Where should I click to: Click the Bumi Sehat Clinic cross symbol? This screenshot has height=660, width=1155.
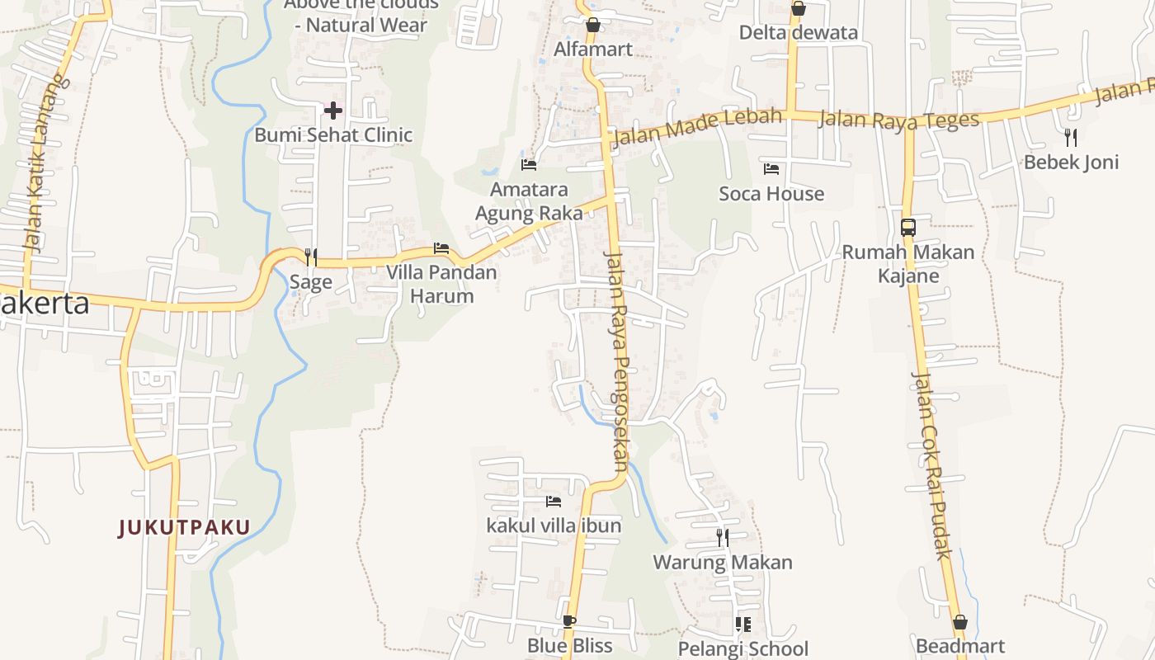333,110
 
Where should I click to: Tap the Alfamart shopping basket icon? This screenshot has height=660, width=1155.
592,26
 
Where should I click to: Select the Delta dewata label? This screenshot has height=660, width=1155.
798,33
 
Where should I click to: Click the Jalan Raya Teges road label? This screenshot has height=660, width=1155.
898,120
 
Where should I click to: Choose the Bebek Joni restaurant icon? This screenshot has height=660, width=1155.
1071,137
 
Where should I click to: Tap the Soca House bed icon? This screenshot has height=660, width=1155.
771,169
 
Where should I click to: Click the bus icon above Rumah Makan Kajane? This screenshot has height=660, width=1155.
908,228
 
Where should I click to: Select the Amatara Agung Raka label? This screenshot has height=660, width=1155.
529,201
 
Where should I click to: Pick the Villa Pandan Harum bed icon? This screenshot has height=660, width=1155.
441,248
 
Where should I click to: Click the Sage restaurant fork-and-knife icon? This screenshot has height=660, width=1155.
311,257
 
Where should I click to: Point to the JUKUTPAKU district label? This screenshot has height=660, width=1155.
184,527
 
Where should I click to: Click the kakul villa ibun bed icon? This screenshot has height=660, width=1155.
553,501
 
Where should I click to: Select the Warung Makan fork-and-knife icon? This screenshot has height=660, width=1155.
723,538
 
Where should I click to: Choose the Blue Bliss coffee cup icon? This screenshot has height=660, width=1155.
569,621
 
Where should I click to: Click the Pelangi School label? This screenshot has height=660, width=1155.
742,648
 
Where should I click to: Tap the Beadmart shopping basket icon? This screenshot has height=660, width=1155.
960,622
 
